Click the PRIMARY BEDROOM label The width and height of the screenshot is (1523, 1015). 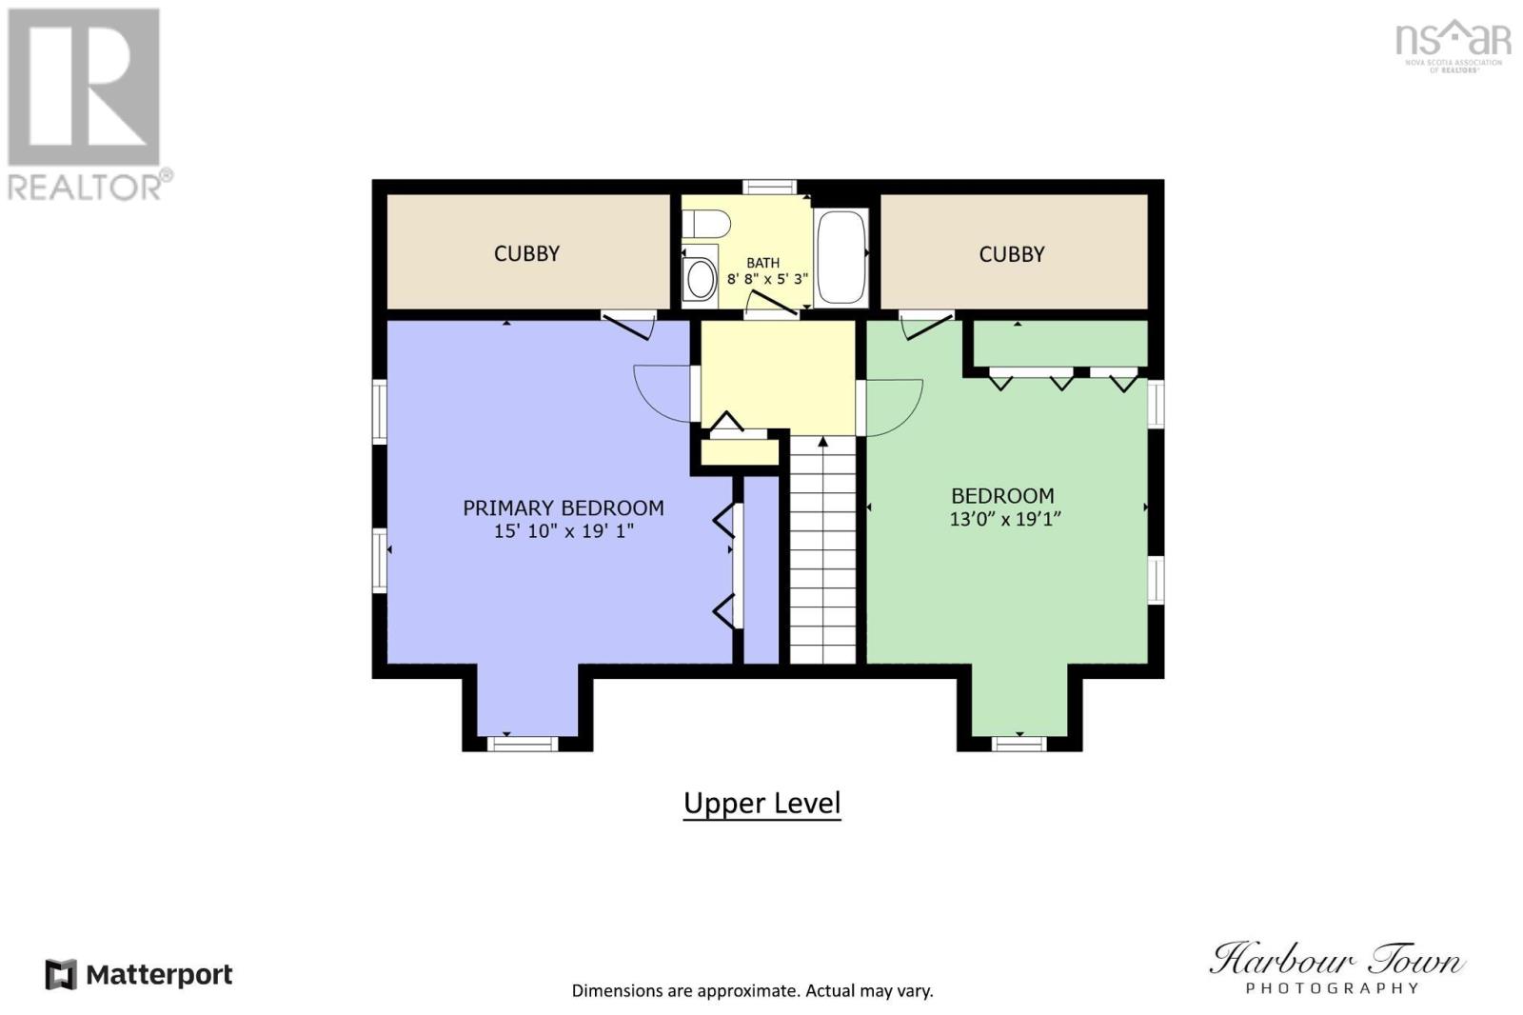(563, 507)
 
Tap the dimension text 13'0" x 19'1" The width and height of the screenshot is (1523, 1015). (1004, 519)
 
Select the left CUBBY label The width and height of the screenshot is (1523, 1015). (526, 253)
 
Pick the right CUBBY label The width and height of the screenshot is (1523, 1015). (1011, 254)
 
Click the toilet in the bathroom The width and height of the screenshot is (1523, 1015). (705, 224)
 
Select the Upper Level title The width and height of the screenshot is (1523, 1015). (761, 804)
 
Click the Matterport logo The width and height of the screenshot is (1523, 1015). (139, 975)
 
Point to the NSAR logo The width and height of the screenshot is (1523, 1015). (1453, 45)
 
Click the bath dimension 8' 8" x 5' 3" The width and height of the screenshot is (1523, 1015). (767, 279)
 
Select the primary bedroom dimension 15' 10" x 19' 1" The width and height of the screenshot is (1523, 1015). (564, 531)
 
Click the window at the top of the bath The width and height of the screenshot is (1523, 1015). (769, 187)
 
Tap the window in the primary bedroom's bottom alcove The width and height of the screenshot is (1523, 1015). (522, 743)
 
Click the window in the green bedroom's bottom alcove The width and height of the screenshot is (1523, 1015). (1019, 743)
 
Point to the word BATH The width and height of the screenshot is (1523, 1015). (762, 263)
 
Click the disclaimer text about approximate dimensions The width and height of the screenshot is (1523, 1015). (752, 990)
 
